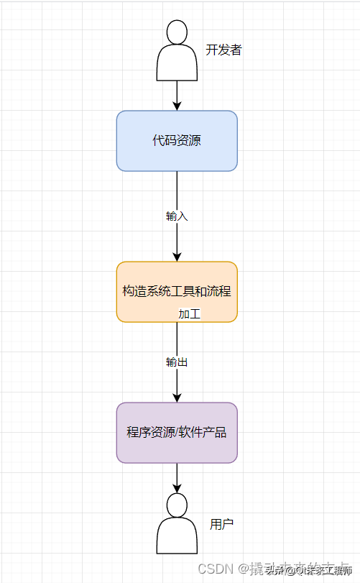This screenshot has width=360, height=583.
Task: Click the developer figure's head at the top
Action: pos(177,32)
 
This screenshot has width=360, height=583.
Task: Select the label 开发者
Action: pos(223,50)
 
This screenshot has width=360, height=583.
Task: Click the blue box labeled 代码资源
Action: pos(177,141)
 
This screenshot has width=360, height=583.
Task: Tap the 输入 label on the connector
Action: pos(177,216)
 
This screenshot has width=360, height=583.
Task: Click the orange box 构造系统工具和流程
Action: pos(177,292)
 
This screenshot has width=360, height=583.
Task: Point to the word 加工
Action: pos(189,314)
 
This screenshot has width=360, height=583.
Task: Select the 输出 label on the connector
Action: pos(177,362)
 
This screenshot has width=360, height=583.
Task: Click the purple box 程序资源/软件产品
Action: pos(177,432)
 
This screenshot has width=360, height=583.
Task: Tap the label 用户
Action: pos(221,524)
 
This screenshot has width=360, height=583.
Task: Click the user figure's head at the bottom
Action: pos(177,505)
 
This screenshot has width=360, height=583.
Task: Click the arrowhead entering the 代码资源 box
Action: pos(177,106)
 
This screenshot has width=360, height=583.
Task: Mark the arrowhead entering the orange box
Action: pos(177,257)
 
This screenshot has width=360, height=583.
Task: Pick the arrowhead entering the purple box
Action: pos(177,398)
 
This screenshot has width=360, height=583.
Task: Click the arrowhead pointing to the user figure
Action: pos(177,489)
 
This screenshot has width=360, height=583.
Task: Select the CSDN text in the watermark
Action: pos(215,569)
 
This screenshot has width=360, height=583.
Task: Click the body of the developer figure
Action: pos(177,64)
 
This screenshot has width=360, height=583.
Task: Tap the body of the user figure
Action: pos(177,538)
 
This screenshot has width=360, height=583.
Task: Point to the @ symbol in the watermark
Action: pos(243,569)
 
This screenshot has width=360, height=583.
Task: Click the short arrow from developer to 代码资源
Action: pos(177,93)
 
